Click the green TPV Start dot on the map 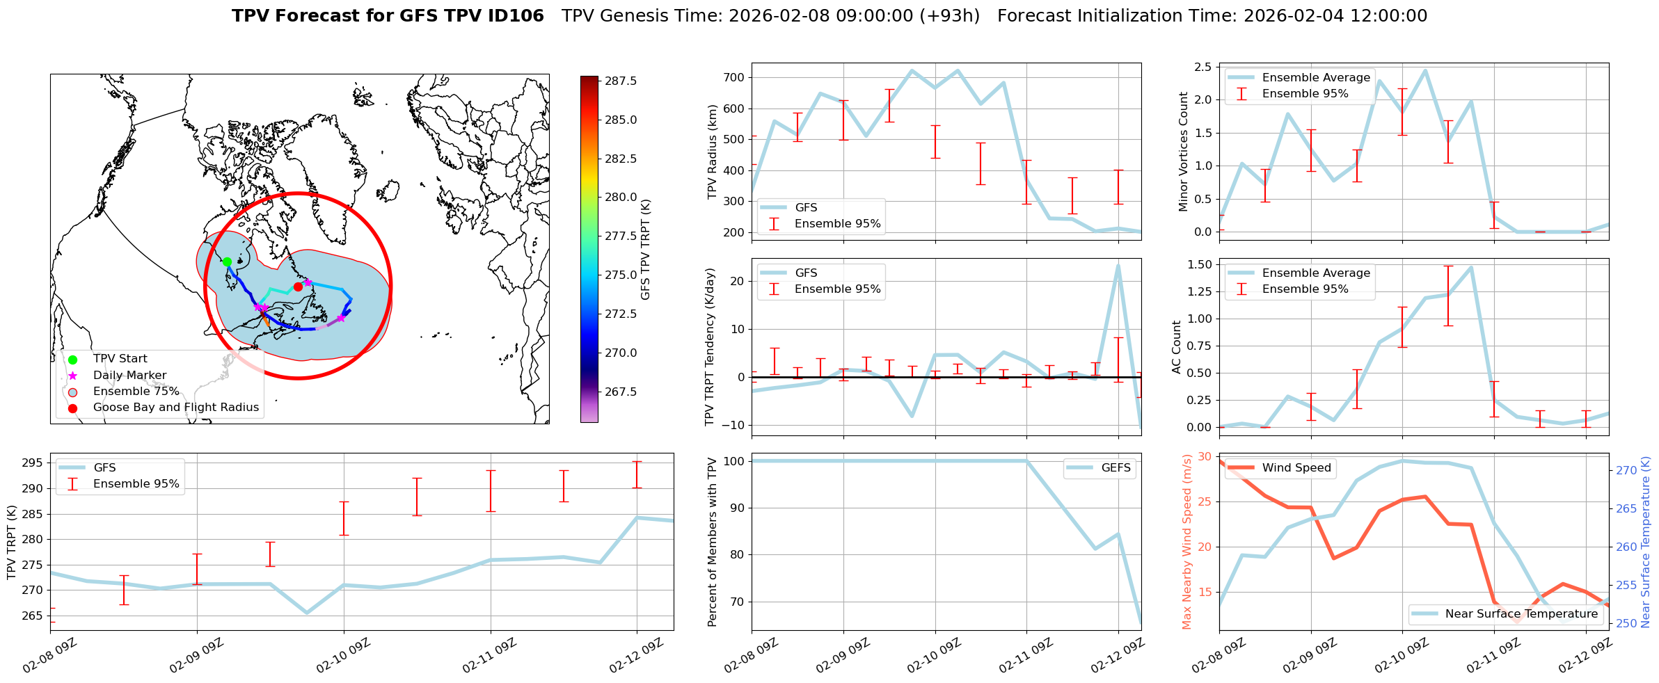tap(227, 262)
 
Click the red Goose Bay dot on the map tap(298, 287)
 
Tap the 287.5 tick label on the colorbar tap(621, 81)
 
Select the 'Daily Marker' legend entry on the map tap(129, 375)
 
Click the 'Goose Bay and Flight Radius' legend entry tap(175, 407)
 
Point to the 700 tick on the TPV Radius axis tap(736, 77)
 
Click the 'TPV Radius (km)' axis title tap(712, 152)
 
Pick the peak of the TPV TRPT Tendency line tap(1118, 265)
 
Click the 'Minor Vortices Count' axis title tap(1184, 152)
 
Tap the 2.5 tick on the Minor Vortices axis tap(1202, 67)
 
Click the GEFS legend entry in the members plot tap(1116, 467)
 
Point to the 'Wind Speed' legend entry tap(1296, 467)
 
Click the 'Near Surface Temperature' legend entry tap(1521, 613)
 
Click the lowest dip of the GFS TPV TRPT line tap(307, 613)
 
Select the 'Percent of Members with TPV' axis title tap(712, 542)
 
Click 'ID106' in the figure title tap(516, 16)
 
